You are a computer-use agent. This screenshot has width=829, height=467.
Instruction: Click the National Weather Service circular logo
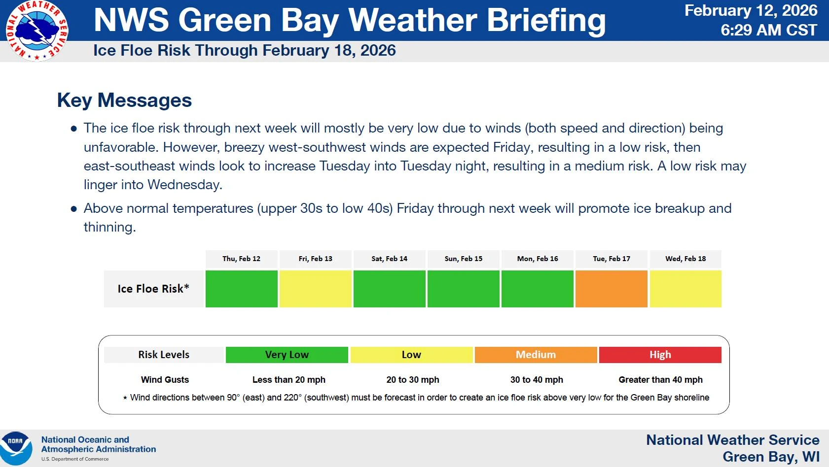point(37,31)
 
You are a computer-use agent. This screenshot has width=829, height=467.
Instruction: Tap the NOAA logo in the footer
point(16,448)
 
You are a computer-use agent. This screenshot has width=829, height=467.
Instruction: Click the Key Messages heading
point(124,100)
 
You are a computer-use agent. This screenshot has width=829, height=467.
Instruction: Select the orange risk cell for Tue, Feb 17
point(611,289)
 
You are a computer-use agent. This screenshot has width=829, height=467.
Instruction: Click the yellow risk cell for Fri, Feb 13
point(315,289)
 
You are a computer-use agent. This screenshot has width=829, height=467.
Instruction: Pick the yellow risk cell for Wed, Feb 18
point(685,289)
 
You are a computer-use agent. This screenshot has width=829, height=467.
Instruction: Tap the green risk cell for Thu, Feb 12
point(241,289)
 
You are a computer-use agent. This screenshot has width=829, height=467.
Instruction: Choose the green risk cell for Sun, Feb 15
point(463,289)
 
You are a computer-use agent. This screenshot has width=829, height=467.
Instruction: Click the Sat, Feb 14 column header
point(389,259)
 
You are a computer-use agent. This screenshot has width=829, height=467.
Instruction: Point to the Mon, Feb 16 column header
point(537,259)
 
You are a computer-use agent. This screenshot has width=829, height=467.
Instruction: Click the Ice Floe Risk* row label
point(153,289)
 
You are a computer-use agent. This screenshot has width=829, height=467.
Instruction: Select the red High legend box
point(660,355)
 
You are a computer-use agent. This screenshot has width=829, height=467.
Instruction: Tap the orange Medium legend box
point(536,355)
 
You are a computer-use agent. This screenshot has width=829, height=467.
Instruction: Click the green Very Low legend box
point(287,355)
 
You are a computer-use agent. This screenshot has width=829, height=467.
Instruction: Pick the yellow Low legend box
point(411,355)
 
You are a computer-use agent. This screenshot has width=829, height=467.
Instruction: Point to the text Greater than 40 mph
point(660,380)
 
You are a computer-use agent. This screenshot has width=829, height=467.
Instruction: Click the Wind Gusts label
point(165,380)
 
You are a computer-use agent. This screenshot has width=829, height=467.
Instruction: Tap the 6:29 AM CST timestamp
point(768,31)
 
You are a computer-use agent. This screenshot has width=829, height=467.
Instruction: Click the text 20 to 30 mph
point(413,380)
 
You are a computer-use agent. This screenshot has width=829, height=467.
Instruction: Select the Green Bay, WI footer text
point(771,457)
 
